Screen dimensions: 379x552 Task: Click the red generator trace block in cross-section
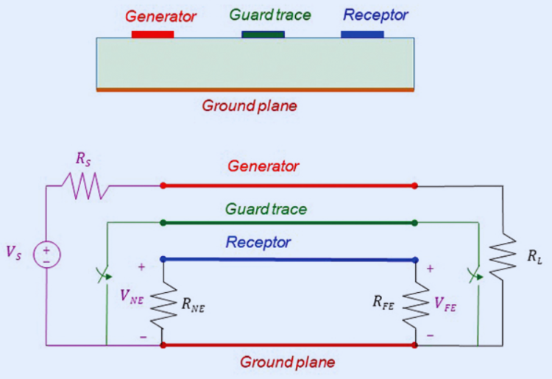click(152, 34)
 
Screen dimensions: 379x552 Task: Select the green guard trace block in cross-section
click(263, 34)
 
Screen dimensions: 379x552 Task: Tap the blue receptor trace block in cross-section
click(363, 34)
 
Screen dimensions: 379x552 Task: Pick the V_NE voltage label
click(132, 299)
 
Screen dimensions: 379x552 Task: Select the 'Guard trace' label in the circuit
click(266, 209)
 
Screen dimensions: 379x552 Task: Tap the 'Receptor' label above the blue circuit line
click(258, 242)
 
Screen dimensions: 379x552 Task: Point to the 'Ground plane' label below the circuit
click(288, 362)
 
